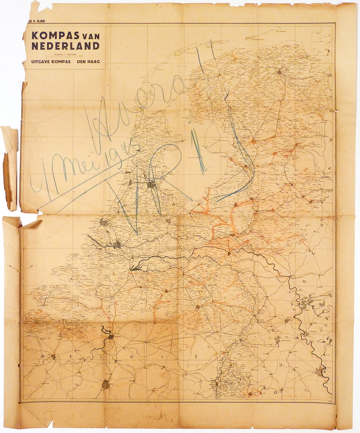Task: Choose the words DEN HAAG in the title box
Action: pos(88,61)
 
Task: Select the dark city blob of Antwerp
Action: pos(111,336)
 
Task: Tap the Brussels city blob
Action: pos(106,384)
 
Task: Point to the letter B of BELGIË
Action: pos(44,356)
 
